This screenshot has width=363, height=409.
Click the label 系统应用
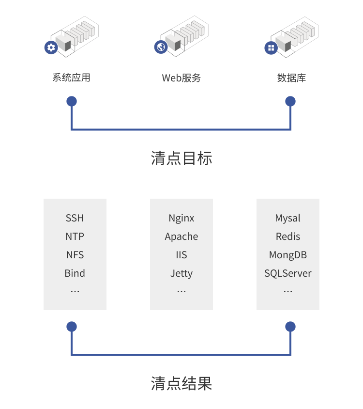click(71, 78)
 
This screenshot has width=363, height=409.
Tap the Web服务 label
click(181, 78)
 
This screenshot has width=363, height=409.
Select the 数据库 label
click(291, 78)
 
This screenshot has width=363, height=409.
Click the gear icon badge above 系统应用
click(51, 47)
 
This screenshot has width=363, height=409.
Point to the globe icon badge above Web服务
click(161, 47)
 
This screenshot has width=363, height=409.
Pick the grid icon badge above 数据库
click(271, 47)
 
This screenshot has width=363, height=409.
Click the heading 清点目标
click(181, 158)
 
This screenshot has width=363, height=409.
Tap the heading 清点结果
click(181, 384)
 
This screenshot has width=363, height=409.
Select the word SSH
click(75, 218)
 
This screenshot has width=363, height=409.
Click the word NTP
click(75, 236)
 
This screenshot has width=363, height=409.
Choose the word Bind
click(75, 273)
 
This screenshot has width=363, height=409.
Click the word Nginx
click(181, 218)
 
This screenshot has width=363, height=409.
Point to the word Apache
click(181, 236)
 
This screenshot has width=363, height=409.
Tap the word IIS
click(181, 255)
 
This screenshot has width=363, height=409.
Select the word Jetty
click(181, 273)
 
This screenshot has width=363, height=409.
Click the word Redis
click(288, 236)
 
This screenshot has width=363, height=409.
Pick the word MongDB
click(288, 255)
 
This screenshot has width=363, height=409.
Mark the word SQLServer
click(288, 273)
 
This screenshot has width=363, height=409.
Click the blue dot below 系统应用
click(72, 101)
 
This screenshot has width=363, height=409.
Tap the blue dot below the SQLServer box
click(290, 327)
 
